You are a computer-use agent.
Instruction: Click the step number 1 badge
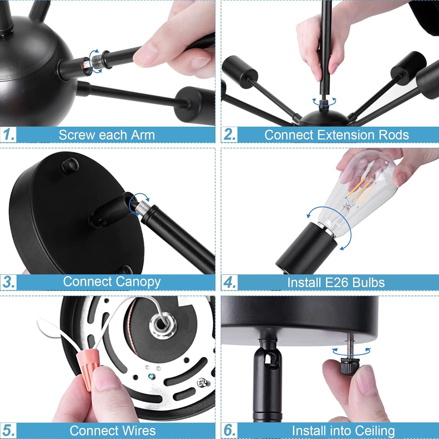pyautogui.click(x=8, y=135)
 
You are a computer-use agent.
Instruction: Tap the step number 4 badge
pyautogui.click(x=229, y=282)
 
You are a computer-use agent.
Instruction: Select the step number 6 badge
pyautogui.click(x=229, y=430)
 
